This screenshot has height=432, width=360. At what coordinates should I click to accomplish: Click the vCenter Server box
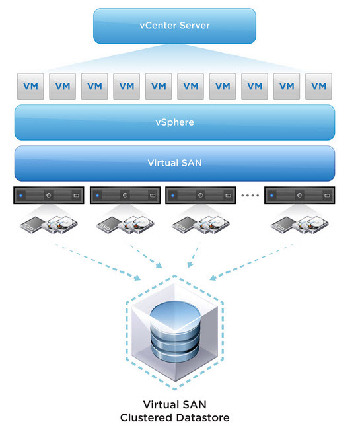174,26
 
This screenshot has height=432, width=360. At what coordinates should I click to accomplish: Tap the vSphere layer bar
174,122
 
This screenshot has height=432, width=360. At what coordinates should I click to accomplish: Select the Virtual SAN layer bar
174,163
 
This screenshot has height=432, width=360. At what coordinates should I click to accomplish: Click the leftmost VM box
30,87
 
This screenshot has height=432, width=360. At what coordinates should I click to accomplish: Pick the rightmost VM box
318,87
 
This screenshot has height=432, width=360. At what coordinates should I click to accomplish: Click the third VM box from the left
94,87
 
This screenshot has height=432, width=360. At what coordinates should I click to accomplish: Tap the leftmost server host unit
49,196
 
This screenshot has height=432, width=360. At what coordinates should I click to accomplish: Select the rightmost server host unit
300,196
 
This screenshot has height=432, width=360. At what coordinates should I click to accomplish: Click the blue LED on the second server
97,196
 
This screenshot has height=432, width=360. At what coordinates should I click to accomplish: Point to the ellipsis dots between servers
250,196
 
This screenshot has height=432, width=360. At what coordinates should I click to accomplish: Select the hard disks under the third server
211,225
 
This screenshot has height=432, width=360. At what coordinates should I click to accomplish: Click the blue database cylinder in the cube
175,332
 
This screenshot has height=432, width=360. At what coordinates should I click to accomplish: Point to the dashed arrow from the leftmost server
98,262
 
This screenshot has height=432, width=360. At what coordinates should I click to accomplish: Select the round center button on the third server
201,196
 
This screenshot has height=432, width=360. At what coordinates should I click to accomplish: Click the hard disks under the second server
136,225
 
